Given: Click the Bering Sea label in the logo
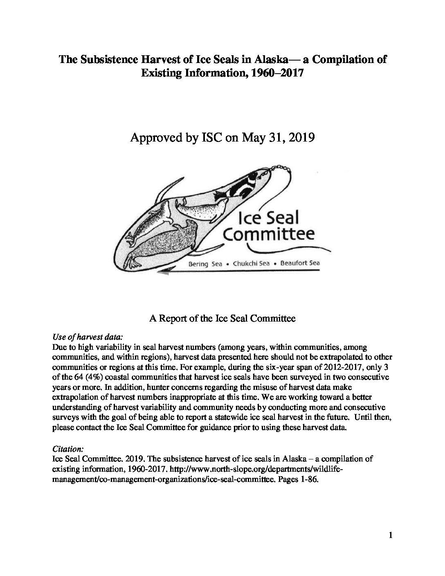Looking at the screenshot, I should [205, 264].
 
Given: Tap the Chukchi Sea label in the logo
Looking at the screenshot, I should [251, 264].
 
